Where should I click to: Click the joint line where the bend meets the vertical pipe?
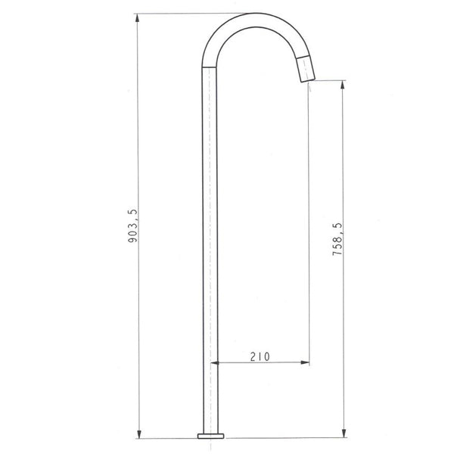[x=210, y=66]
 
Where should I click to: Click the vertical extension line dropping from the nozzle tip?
[x=309, y=227]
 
